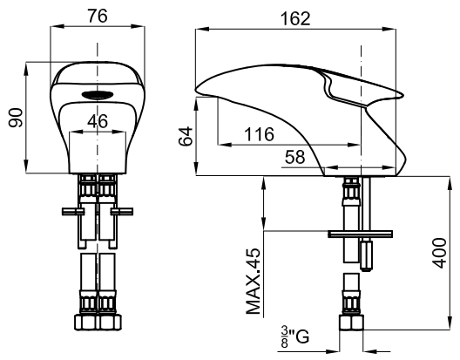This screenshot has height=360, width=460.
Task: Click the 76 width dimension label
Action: (x=98, y=16)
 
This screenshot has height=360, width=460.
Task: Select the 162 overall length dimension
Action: (x=295, y=18)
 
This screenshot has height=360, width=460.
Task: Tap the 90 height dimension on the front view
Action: (x=16, y=118)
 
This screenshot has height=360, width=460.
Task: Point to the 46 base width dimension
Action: (x=98, y=120)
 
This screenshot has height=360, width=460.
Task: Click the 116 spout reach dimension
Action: (x=260, y=134)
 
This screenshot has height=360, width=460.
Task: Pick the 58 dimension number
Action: (x=295, y=157)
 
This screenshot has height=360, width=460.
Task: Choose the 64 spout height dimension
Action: (x=186, y=136)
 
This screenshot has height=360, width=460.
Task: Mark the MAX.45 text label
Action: (x=254, y=282)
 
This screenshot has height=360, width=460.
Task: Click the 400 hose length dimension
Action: (x=440, y=253)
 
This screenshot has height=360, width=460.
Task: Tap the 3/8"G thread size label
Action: (x=294, y=336)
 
